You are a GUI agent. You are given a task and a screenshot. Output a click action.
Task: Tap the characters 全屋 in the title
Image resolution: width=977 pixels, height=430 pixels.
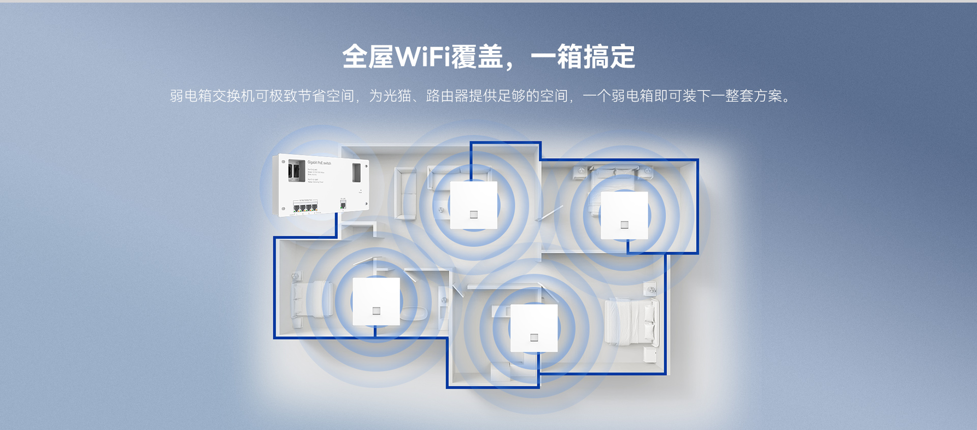click(x=368, y=56)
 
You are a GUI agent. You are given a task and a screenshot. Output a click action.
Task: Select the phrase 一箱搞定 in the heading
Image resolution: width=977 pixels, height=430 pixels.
click(x=583, y=56)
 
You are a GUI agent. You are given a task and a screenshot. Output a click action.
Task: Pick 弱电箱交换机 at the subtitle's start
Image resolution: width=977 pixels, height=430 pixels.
click(x=212, y=96)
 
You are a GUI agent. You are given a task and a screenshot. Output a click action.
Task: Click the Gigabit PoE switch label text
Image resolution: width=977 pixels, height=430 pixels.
click(x=319, y=163)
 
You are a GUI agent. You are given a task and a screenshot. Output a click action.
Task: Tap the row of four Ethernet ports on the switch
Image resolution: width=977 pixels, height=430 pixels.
click(x=305, y=206)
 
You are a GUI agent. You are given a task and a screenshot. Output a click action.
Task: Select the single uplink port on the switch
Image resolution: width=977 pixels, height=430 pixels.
click(x=343, y=204)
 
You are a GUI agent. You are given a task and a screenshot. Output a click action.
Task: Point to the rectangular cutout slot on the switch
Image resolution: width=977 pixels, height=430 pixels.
click(x=357, y=172)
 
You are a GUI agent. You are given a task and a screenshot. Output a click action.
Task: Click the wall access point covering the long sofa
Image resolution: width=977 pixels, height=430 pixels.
click(x=473, y=205)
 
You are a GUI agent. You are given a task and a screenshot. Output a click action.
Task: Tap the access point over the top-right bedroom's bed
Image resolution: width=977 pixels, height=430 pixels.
click(x=624, y=216)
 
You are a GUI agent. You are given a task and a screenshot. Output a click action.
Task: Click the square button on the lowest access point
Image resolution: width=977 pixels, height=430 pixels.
click(x=534, y=337)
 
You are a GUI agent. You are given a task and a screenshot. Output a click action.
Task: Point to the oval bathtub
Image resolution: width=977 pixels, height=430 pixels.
click(x=414, y=313)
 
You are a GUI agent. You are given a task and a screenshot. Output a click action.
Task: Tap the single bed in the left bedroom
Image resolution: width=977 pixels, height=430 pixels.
click(x=311, y=299)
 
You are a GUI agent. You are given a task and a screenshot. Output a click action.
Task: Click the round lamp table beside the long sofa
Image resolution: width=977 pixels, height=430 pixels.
click(x=441, y=209)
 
